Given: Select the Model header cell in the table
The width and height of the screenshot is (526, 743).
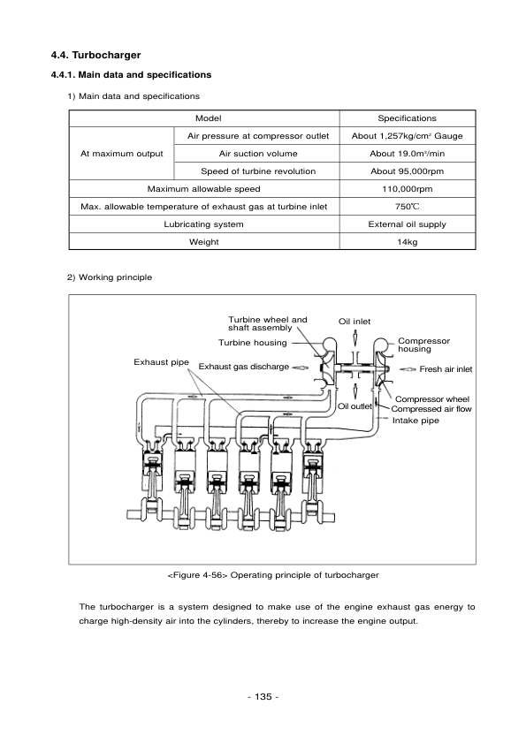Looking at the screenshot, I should (208, 118).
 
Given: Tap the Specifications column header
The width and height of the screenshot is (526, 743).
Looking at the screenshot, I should (407, 118).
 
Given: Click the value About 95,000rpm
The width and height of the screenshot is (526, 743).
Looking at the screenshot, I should (407, 171).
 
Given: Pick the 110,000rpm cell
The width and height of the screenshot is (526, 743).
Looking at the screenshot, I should (407, 189).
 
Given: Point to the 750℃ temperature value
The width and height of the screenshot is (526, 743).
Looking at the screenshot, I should (407, 207).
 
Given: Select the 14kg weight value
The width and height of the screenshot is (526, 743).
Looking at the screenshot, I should (407, 242).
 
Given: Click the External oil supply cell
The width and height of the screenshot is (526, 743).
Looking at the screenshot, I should (407, 224).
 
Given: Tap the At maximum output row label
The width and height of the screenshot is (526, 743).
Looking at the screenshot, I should (121, 154).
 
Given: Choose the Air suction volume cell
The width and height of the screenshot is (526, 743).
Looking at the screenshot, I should (257, 154).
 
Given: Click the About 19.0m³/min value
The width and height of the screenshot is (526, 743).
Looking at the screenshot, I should (407, 154).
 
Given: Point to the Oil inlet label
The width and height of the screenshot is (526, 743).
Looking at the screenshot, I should (355, 321).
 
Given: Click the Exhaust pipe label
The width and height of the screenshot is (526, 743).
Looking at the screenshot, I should (161, 362).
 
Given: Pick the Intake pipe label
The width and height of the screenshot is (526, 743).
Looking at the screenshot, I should (415, 421).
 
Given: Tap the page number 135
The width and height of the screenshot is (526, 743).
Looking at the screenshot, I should (263, 698).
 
